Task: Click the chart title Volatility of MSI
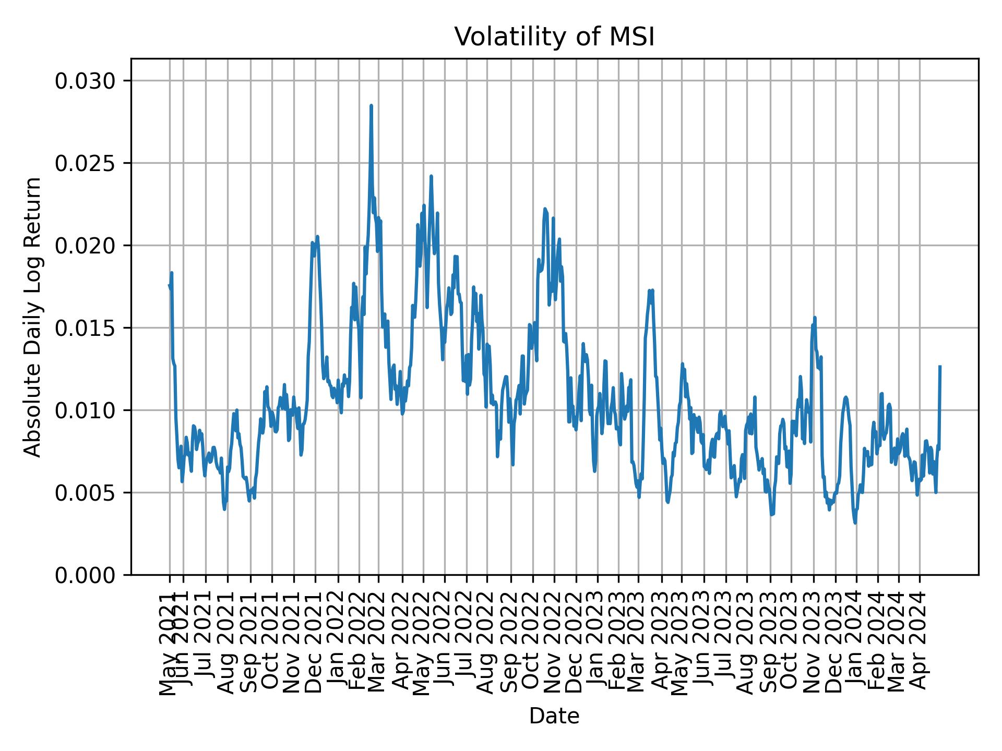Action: coord(554,38)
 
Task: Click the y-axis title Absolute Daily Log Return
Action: coord(33,317)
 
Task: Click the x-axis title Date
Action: coord(554,716)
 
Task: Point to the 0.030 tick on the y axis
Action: coord(86,81)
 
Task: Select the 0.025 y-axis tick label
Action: coord(86,163)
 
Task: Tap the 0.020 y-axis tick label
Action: coord(86,246)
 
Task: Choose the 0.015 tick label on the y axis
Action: coord(86,328)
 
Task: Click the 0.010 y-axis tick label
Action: coord(86,410)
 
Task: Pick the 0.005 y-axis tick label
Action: coord(86,493)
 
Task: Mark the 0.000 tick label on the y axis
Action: coord(86,575)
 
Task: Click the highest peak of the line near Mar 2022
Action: coord(371,106)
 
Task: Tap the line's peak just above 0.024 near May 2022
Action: coord(431,176)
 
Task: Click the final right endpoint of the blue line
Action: coord(940,367)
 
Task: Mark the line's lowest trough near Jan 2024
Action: coord(855,523)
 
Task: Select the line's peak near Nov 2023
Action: coord(815,317)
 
